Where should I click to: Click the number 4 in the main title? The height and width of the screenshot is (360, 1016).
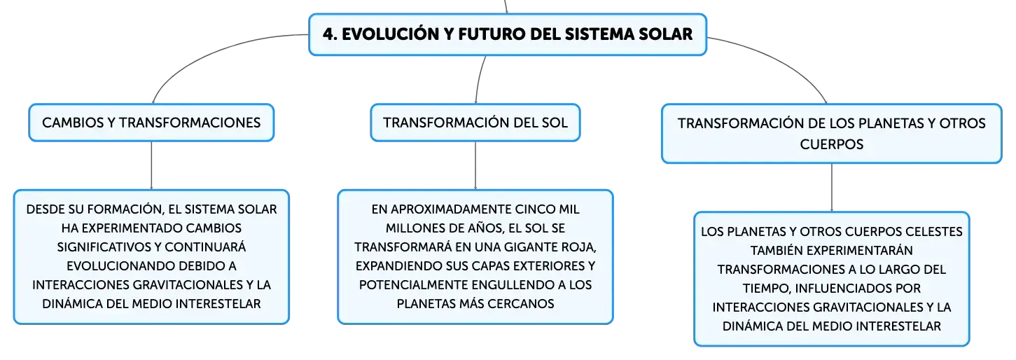tap(328, 34)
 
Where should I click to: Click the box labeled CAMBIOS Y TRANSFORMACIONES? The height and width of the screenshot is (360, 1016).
tap(151, 123)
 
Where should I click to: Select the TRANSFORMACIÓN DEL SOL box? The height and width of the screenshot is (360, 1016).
tap(475, 123)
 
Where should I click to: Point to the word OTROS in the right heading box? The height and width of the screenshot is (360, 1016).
tap(963, 123)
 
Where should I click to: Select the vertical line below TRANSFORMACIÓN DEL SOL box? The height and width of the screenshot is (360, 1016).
tap(475, 165)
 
